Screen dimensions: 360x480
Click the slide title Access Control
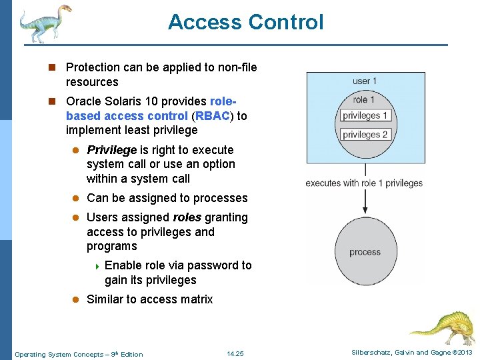pyautogui.click(x=245, y=22)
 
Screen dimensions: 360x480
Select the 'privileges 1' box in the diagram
pyautogui.click(x=365, y=115)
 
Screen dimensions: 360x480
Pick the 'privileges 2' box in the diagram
pyautogui.click(x=365, y=135)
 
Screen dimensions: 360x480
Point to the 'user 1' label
pyautogui.click(x=365, y=81)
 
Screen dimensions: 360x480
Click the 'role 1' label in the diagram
pyautogui.click(x=364, y=99)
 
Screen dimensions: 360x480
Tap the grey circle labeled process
pyautogui.click(x=365, y=251)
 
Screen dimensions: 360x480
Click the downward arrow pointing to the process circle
pyautogui.click(x=365, y=200)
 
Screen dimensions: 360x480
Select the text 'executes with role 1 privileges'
pyautogui.click(x=364, y=183)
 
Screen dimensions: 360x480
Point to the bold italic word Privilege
pyautogui.click(x=111, y=150)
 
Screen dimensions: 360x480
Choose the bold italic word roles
pyautogui.click(x=187, y=217)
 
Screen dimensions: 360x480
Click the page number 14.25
pyautogui.click(x=235, y=354)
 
